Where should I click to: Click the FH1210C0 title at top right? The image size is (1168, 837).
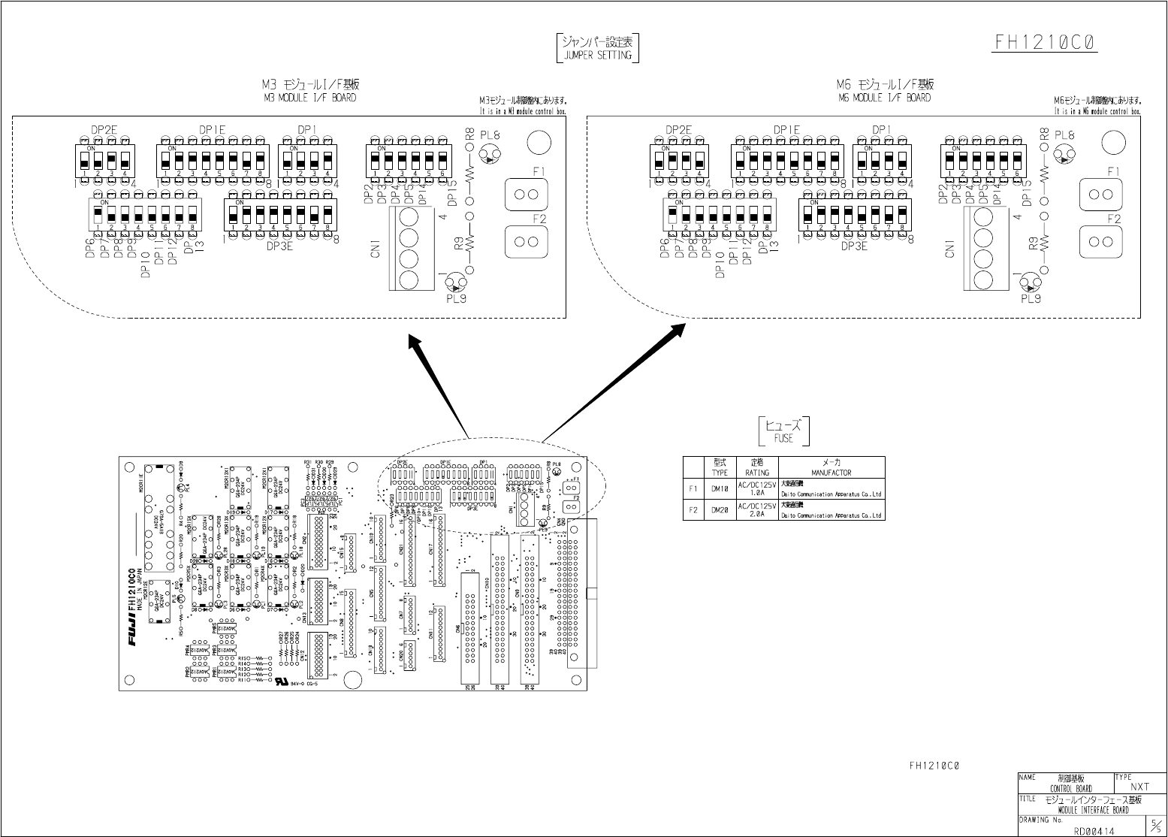click(1046, 42)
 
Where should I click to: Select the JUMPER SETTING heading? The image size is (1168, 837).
click(597, 55)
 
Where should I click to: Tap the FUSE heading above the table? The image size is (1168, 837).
click(783, 438)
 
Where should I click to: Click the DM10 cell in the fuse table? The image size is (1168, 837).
click(720, 489)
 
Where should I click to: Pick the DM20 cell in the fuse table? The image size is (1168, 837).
click(720, 510)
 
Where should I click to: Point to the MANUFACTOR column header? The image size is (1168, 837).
click(831, 473)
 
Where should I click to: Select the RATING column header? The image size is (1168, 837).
click(756, 473)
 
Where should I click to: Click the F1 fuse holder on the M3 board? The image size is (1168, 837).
click(527, 195)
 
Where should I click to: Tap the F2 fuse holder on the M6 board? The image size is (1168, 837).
click(1101, 241)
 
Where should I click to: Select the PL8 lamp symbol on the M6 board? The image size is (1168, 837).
click(1064, 156)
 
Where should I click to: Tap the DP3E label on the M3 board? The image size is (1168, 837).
click(279, 245)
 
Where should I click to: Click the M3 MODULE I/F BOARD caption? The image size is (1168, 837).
click(310, 98)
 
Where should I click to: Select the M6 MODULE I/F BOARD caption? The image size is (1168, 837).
click(884, 98)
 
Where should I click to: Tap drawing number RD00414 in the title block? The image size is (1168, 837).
click(1094, 830)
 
